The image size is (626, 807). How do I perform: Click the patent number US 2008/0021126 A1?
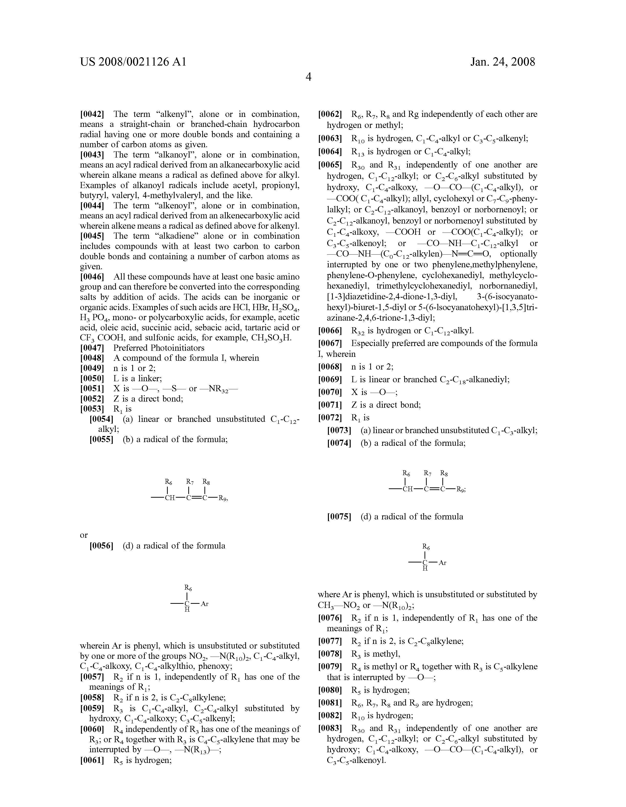(x=133, y=62)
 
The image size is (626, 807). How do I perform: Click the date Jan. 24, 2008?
(x=503, y=62)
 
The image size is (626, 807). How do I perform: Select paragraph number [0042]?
(x=92, y=114)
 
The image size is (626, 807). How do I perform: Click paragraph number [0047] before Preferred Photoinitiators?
(x=92, y=348)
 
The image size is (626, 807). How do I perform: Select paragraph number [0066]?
(x=330, y=330)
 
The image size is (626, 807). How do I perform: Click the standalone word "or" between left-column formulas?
(x=84, y=535)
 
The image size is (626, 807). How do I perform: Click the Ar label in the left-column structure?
(x=205, y=604)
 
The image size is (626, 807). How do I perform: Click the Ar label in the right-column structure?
(x=442, y=563)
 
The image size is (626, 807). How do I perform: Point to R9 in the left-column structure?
(x=223, y=498)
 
